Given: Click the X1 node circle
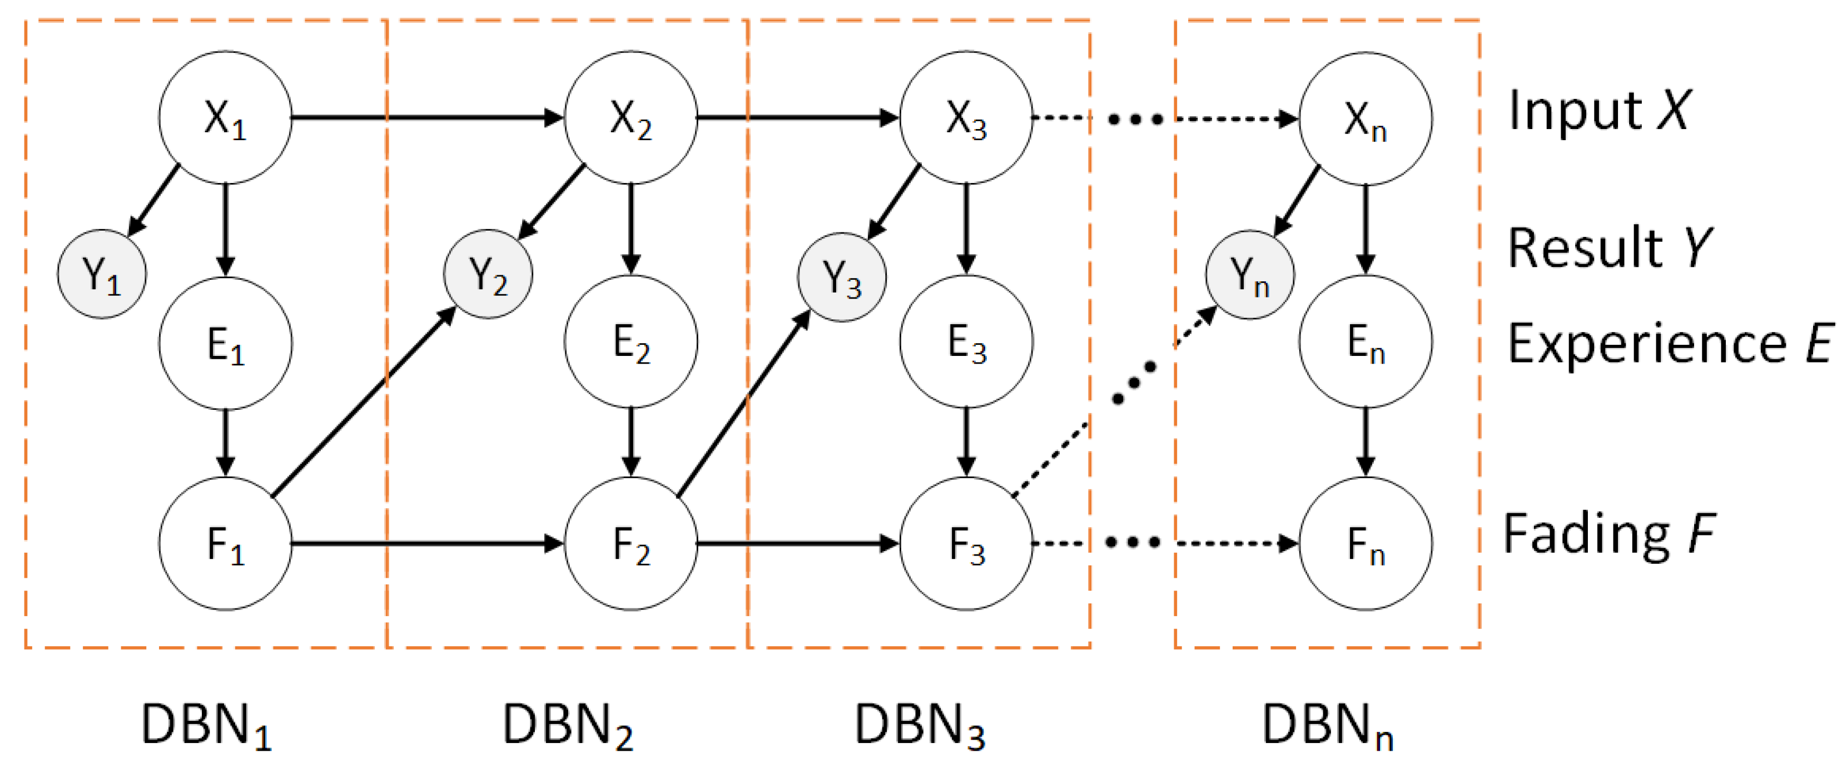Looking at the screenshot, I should pyautogui.click(x=225, y=117).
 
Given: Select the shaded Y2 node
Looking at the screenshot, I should pyautogui.click(x=488, y=275).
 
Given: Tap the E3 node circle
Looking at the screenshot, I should pyautogui.click(x=966, y=342).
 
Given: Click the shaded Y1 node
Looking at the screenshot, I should pyautogui.click(x=102, y=275).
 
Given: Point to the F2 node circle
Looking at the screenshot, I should pyautogui.click(x=631, y=543).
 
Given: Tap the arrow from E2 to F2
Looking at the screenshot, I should pyautogui.click(x=631, y=441).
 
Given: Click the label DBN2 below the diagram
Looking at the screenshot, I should pyautogui.click(x=568, y=726).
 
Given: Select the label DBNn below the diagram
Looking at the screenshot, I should pyautogui.click(x=1327, y=726).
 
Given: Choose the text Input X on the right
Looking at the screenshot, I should pyautogui.click(x=1599, y=111).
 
